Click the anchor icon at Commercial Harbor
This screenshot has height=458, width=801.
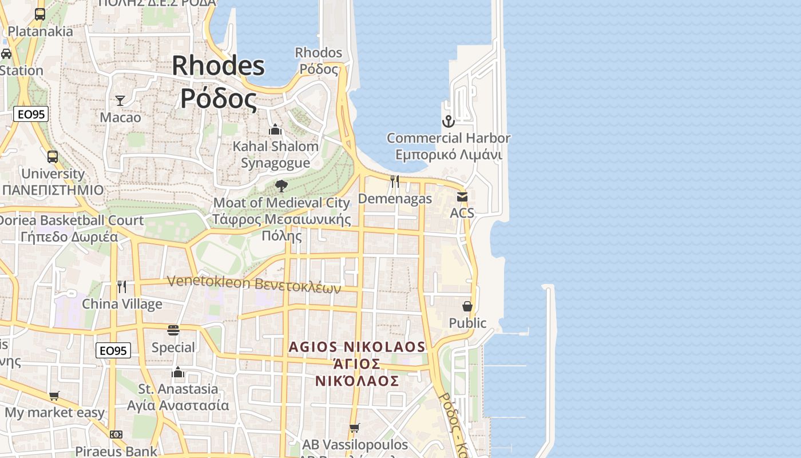(x=448, y=121)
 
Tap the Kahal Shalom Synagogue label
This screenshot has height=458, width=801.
(x=275, y=155)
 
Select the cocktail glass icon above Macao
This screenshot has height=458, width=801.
(x=120, y=101)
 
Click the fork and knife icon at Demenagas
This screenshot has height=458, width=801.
(x=395, y=181)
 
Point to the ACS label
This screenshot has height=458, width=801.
(x=462, y=213)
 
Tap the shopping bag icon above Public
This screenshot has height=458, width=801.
(x=467, y=306)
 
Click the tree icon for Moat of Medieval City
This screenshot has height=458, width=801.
(x=281, y=185)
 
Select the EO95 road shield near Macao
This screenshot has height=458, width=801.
(x=31, y=114)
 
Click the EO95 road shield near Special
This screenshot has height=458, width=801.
(x=113, y=350)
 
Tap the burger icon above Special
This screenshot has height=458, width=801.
(x=173, y=330)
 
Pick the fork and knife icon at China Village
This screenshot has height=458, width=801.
(x=122, y=286)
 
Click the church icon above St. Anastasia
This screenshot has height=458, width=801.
(x=178, y=373)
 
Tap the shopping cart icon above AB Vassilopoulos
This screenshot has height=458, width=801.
(x=355, y=428)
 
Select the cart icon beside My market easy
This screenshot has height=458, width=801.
(x=54, y=396)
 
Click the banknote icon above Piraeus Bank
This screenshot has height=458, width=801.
(x=116, y=435)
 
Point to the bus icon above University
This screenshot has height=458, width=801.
(x=52, y=156)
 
